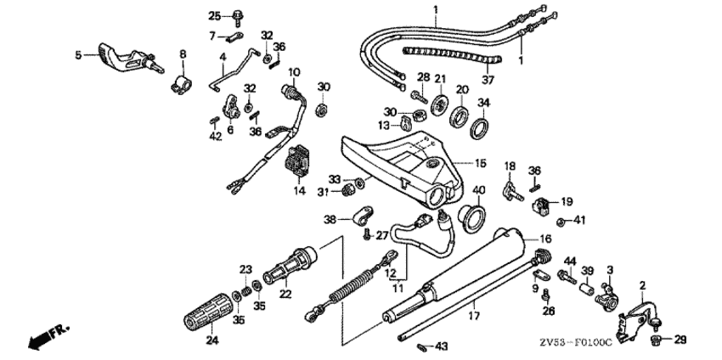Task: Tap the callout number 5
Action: (78, 54)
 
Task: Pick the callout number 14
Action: (298, 191)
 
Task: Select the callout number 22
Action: (284, 292)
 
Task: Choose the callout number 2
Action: (642, 285)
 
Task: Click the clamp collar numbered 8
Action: (182, 83)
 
